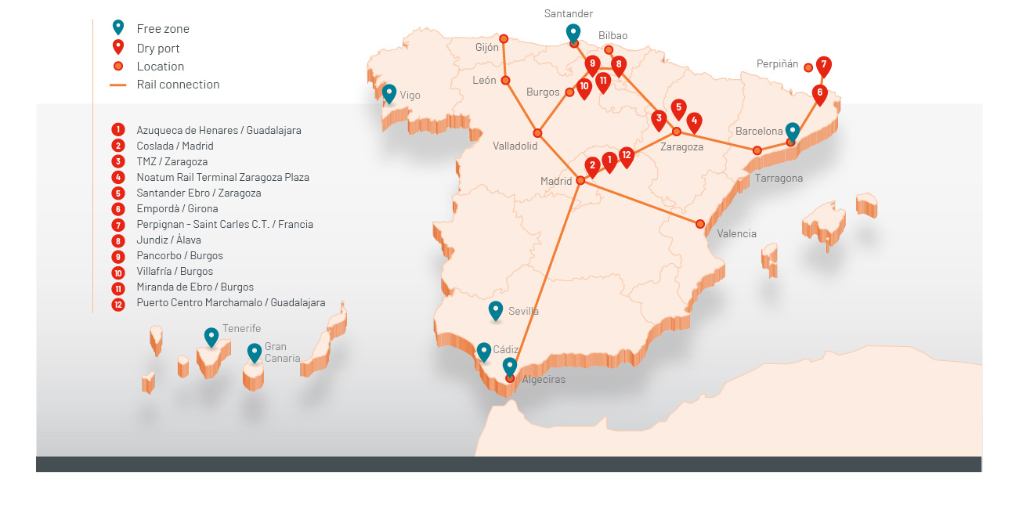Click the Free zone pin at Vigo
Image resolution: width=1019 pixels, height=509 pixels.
pos(389,93)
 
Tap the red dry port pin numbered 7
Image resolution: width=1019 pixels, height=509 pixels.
pos(823,66)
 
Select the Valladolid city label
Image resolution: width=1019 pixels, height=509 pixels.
pos(515,146)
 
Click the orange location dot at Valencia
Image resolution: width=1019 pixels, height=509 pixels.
pos(700,224)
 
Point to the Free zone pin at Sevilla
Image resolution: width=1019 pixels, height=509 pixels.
pos(496,310)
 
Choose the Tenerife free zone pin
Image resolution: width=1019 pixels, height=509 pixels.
pos(211,337)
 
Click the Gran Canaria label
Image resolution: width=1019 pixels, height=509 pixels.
pos(282,352)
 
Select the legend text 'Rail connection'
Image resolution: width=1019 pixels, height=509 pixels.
pos(178,85)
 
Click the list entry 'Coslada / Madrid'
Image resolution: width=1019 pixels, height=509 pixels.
pos(175,146)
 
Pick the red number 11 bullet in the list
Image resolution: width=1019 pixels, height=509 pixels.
pos(118,287)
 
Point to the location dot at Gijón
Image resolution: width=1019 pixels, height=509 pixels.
pos(504,38)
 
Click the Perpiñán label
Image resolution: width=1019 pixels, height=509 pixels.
pos(777,64)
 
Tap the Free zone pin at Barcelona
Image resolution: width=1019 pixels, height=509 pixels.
pos(793,132)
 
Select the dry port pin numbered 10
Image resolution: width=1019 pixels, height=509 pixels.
pos(584,88)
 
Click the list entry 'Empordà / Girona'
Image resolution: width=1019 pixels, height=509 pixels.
pos(177,208)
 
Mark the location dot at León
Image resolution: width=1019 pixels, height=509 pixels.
pos(506,80)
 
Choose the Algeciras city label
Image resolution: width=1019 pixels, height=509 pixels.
pos(544,380)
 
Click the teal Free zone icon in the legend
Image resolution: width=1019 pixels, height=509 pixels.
pos(118,27)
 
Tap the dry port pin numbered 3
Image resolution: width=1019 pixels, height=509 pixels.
pos(659,119)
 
